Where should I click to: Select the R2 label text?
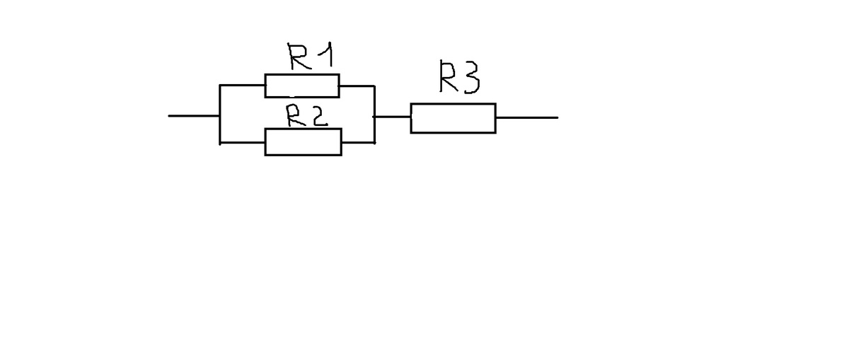306,115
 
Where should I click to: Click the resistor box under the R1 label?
302,86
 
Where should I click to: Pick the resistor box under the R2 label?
303,142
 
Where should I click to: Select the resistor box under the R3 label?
453,117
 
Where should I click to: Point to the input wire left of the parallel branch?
194,116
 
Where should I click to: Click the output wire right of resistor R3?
526,117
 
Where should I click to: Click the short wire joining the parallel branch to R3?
392,117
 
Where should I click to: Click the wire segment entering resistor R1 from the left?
243,86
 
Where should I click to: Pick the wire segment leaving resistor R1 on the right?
357,86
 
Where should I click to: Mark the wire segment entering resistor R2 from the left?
243,143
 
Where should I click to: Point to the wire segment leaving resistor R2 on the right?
358,142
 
